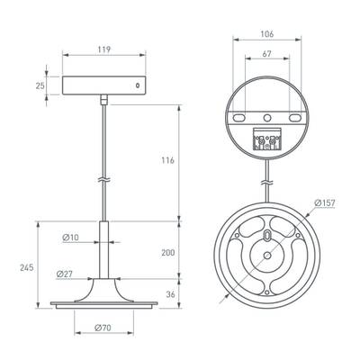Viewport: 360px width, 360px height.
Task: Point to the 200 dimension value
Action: click(x=167, y=253)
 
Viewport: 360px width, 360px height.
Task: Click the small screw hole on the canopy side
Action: click(x=138, y=86)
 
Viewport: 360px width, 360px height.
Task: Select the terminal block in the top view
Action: click(x=267, y=139)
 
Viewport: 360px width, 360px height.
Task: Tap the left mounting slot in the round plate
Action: click(x=241, y=117)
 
